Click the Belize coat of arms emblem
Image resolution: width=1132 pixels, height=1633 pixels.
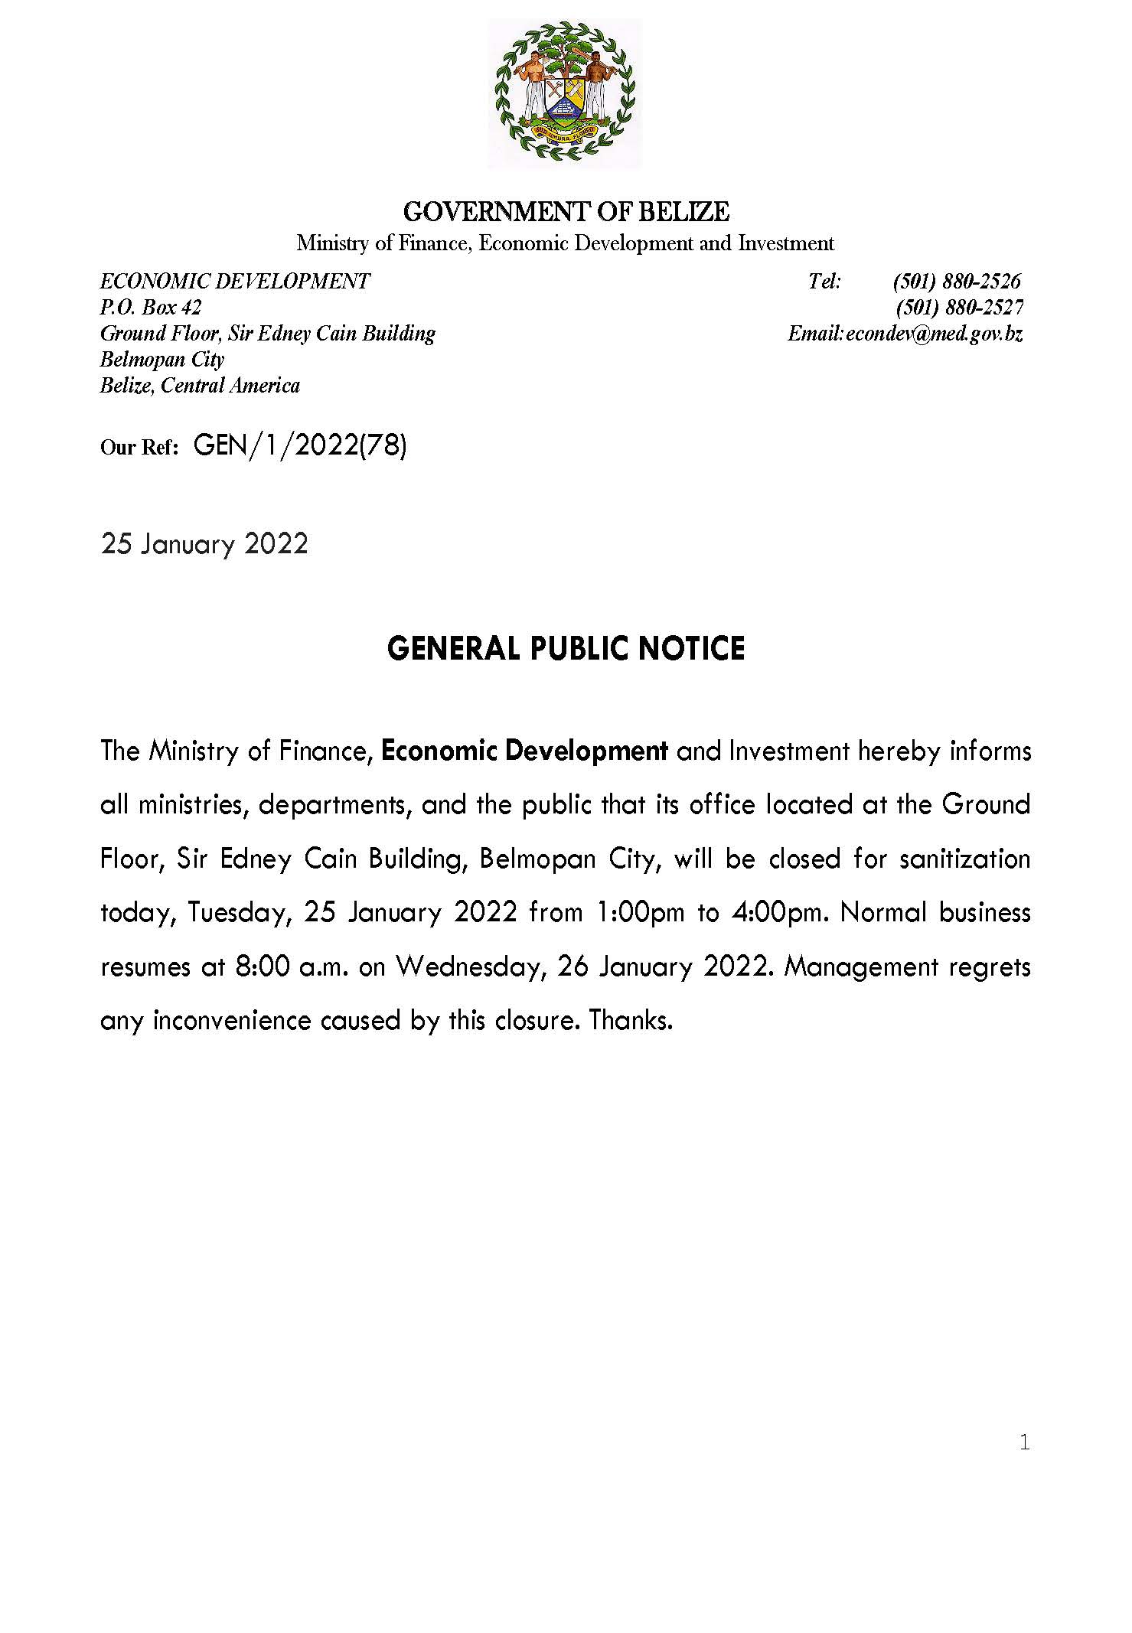[x=564, y=91]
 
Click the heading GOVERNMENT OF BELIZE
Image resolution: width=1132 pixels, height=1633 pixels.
[x=566, y=211]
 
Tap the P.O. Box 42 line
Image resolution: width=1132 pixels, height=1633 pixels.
[x=151, y=308]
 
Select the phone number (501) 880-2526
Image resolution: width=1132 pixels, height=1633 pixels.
[x=957, y=282]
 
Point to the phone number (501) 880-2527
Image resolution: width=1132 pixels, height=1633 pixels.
[x=960, y=308]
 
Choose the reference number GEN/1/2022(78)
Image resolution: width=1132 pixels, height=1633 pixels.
[x=300, y=445]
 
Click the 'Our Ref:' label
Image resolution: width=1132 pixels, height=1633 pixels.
[x=139, y=447]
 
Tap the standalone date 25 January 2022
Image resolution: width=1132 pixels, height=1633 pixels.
[x=204, y=544]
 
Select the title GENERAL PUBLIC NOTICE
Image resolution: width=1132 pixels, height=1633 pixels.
[x=566, y=649]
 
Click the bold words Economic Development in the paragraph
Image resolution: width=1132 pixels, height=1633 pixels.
[x=524, y=751]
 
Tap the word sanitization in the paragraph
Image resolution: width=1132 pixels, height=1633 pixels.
[x=964, y=859]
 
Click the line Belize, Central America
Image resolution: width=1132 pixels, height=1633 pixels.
[x=200, y=386]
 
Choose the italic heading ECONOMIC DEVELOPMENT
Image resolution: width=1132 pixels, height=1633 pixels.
[x=235, y=282]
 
